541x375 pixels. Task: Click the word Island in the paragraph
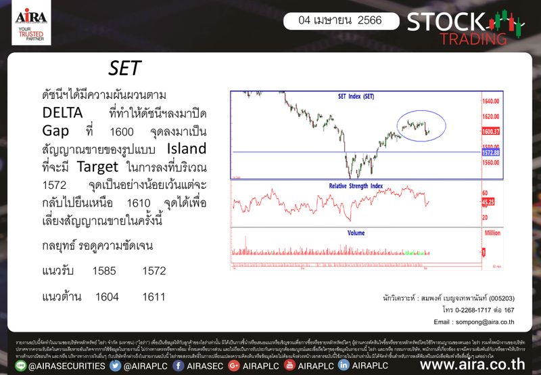tap(187, 148)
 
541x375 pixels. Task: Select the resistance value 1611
tap(154, 297)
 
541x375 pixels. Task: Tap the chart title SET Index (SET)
tap(356, 97)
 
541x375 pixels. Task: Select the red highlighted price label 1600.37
tap(490, 131)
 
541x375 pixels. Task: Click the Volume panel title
tap(356, 233)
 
